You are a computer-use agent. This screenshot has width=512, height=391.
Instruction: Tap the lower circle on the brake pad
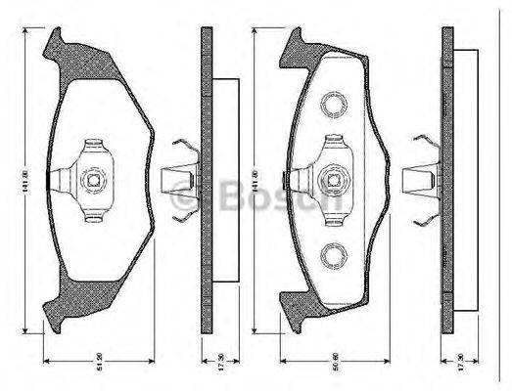click(x=332, y=257)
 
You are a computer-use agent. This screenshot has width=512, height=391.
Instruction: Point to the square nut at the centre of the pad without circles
click(x=95, y=179)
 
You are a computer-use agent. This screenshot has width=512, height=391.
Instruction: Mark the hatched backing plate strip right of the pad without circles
click(x=206, y=176)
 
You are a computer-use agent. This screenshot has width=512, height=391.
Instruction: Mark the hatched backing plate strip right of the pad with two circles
click(x=447, y=176)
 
